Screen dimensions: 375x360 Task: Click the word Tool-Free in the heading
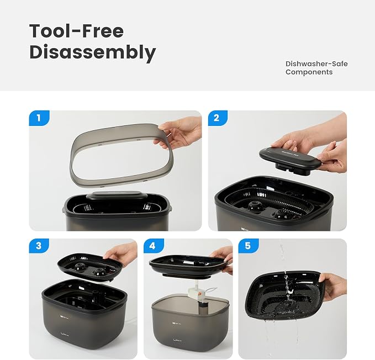(x=77, y=31)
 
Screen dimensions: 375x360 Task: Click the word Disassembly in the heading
(x=93, y=52)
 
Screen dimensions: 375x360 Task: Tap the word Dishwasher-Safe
(x=316, y=64)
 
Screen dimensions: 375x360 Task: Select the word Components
(x=309, y=72)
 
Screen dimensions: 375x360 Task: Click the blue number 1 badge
(x=39, y=118)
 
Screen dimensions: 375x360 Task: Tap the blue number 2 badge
(x=218, y=118)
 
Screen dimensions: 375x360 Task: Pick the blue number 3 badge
(x=39, y=246)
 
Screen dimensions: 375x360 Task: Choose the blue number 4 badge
(x=154, y=246)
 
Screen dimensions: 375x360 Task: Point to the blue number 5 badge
(x=248, y=246)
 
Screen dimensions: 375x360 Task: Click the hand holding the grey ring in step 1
(x=179, y=133)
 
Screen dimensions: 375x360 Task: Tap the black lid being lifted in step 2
(x=290, y=159)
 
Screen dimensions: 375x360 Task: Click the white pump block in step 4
(x=198, y=293)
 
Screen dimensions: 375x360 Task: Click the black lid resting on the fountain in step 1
(x=117, y=196)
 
